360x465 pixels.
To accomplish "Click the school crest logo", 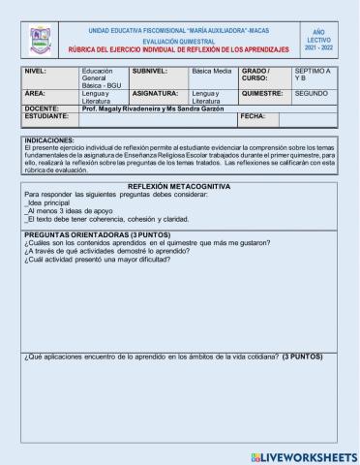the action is [41, 40].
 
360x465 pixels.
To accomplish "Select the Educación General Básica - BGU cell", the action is [103, 79].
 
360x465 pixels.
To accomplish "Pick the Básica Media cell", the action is [210, 71].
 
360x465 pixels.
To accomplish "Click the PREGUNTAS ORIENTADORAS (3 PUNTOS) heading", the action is [93, 234].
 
